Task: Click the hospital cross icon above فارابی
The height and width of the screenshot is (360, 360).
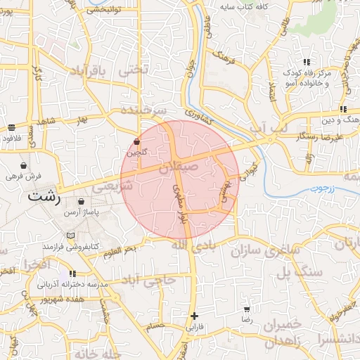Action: tap(194, 316)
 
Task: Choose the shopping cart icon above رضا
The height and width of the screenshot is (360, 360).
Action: tap(247, 309)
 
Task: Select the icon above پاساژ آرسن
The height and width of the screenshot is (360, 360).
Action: tap(82, 201)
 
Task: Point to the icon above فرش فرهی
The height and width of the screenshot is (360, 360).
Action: tap(25, 163)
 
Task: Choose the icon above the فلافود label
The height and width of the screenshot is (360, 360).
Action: tap(12, 128)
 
